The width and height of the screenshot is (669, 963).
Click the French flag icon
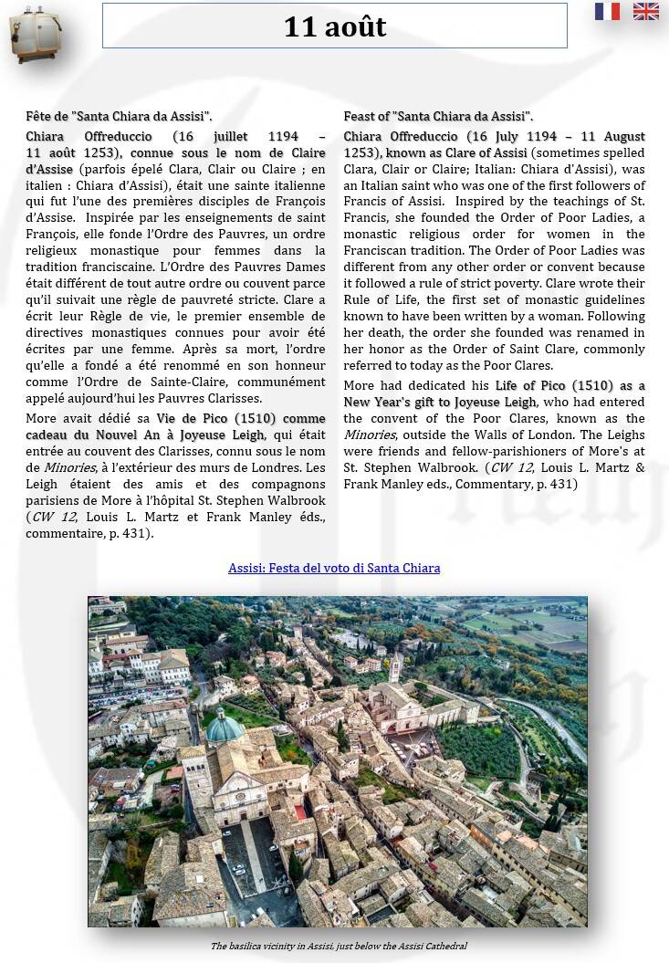tap(607, 11)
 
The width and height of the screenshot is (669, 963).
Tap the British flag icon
tap(646, 11)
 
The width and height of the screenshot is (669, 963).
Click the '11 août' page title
tap(334, 26)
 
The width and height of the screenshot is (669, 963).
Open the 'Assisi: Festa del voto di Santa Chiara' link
tap(334, 568)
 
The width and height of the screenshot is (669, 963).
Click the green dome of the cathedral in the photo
tap(225, 727)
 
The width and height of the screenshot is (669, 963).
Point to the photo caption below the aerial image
tap(339, 946)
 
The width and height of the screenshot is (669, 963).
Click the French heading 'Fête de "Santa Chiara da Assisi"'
tap(119, 117)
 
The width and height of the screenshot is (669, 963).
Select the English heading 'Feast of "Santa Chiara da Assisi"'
tap(438, 117)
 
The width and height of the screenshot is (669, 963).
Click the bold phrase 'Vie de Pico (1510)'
tap(216, 418)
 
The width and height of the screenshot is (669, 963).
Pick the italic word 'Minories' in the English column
tap(370, 434)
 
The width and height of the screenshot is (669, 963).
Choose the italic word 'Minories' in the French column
tap(69, 467)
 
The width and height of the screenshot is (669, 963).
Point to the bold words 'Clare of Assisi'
tap(482, 153)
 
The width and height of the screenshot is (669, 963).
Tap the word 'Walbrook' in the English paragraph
tap(450, 467)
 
